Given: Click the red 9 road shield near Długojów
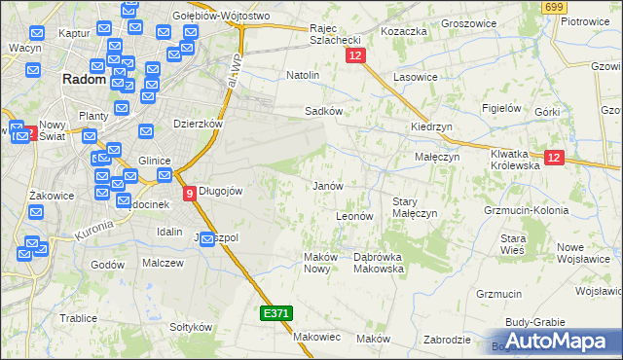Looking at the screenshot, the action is coord(189,193).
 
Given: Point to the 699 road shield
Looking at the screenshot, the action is coord(555,7).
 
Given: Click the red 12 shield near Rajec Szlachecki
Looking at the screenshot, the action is coord(354,58).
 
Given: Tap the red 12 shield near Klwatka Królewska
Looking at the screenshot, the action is coord(554,159).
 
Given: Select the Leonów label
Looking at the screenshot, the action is coord(354,216).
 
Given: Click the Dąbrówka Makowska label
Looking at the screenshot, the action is coord(377,262).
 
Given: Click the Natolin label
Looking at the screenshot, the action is coord(303,74).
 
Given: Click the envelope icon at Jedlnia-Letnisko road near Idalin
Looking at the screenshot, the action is coord(207,239).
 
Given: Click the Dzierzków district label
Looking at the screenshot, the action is coord(199,125).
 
